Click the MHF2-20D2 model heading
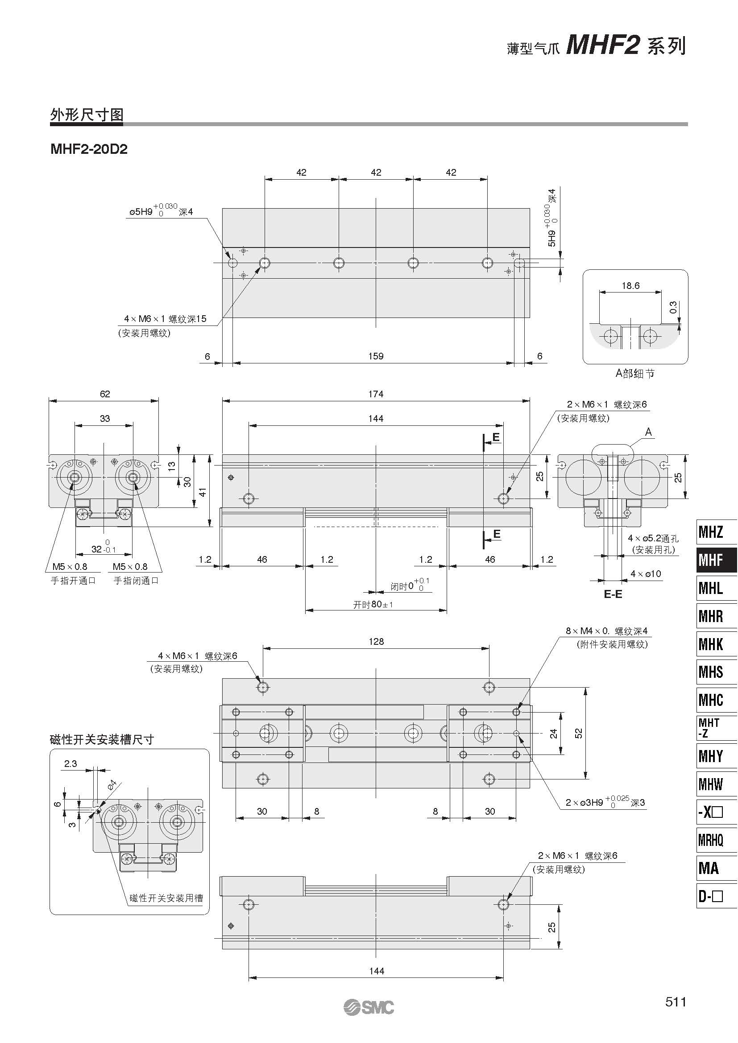tap(89, 149)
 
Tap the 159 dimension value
tap(376, 356)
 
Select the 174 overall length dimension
tap(376, 394)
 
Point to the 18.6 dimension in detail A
tap(630, 286)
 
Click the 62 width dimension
tap(104, 394)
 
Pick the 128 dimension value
tap(376, 641)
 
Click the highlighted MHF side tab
tap(717, 560)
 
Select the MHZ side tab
tap(717, 532)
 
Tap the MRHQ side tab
tap(717, 840)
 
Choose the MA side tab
tap(717, 868)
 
